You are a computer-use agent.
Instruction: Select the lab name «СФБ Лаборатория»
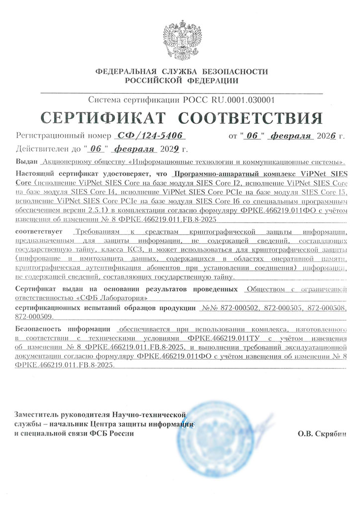(x=116, y=298)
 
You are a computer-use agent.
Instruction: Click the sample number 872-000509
(x=36, y=315)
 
